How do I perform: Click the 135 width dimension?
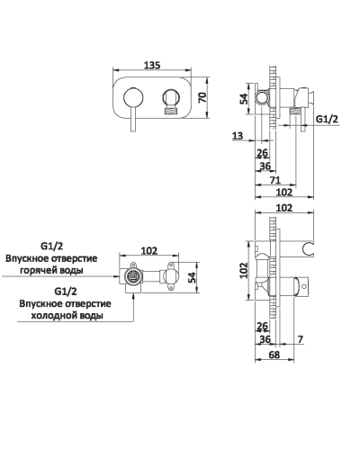tap(152, 65)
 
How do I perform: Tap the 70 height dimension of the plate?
tap(202, 97)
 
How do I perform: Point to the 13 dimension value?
tap(238, 136)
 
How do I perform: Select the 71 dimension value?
tap(275, 180)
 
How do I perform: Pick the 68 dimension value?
tap(274, 355)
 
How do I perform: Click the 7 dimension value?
tap(301, 339)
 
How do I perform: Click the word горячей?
tap(38, 271)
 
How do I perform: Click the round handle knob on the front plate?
tap(133, 97)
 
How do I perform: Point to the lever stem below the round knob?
tap(133, 119)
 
